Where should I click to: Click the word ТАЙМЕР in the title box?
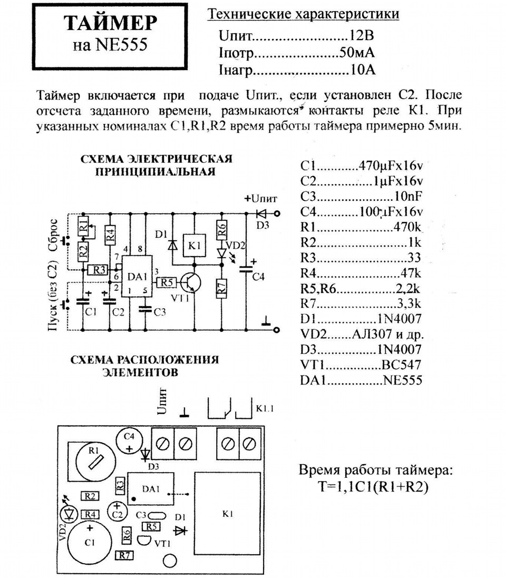pos(111,23)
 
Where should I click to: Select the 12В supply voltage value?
pos(361,35)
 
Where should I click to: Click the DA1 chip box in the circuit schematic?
pos(137,276)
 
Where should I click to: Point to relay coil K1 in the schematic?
pos(194,246)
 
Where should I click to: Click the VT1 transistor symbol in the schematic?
pos(191,283)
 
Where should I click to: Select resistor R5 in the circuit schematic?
pos(167,283)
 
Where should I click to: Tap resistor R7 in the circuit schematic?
pos(222,289)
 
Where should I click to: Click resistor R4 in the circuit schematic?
pos(110,235)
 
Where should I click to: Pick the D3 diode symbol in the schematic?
pos(262,213)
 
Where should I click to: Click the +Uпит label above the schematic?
pos(260,199)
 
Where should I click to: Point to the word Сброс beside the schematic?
pos(53,235)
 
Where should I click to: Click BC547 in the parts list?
pos(401,365)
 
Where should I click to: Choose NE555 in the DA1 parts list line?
pos(403,380)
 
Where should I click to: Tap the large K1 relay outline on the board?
pos(228,514)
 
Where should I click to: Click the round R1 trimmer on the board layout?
pos(94,461)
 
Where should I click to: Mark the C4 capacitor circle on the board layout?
pos(129,442)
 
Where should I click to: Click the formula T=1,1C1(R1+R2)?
pos(373,487)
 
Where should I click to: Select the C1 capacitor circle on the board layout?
pos(90,543)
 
